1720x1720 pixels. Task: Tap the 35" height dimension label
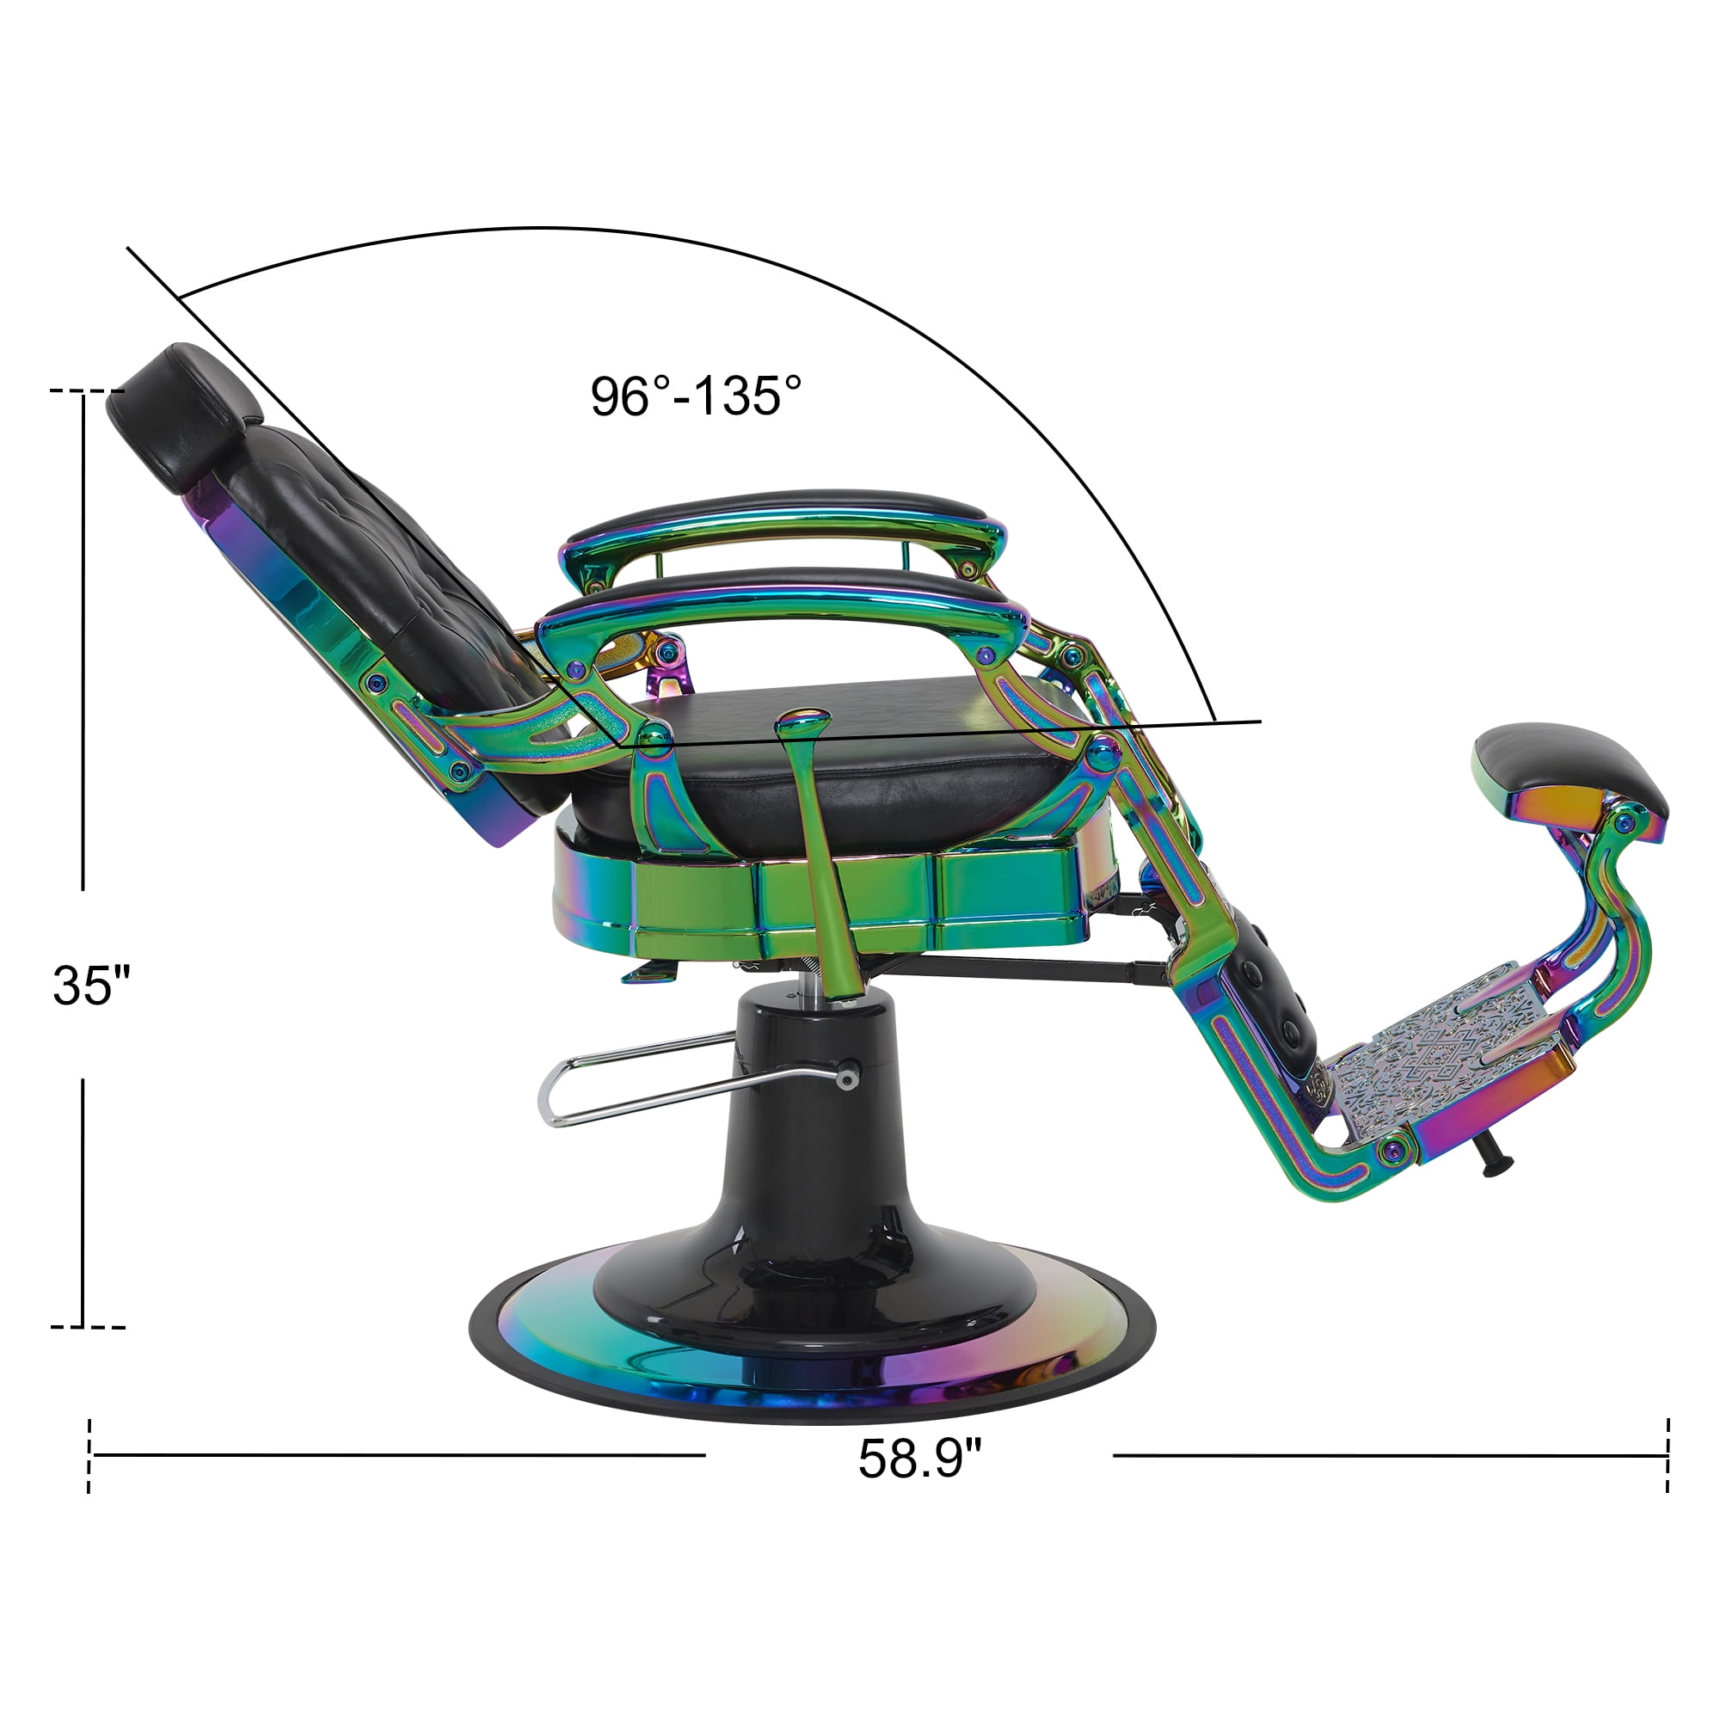point(92,985)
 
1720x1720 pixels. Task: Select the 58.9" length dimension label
point(919,1459)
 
